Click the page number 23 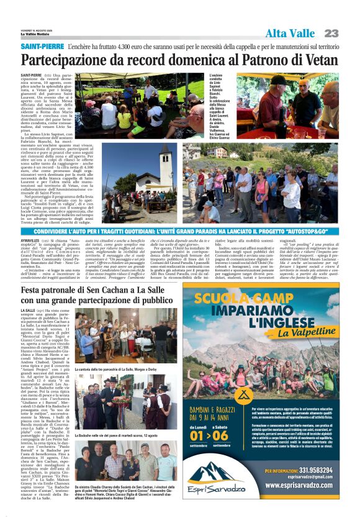331,32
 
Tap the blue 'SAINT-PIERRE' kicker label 42,47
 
